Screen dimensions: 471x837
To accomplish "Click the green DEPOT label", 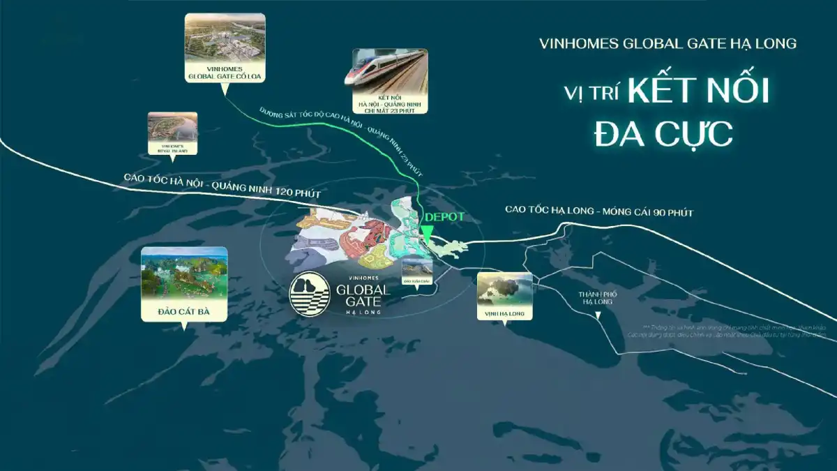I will point(444,217).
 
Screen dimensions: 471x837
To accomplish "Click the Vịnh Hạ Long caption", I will point(505,315).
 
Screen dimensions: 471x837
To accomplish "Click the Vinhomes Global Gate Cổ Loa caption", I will point(225,71).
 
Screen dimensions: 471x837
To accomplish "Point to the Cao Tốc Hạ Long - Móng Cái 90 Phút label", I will point(599,211).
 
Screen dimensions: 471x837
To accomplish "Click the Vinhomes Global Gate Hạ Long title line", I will point(668,43).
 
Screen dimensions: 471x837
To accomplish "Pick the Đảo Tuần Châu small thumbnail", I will point(416,269).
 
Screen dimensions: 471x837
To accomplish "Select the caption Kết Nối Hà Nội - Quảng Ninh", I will point(390,102).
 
